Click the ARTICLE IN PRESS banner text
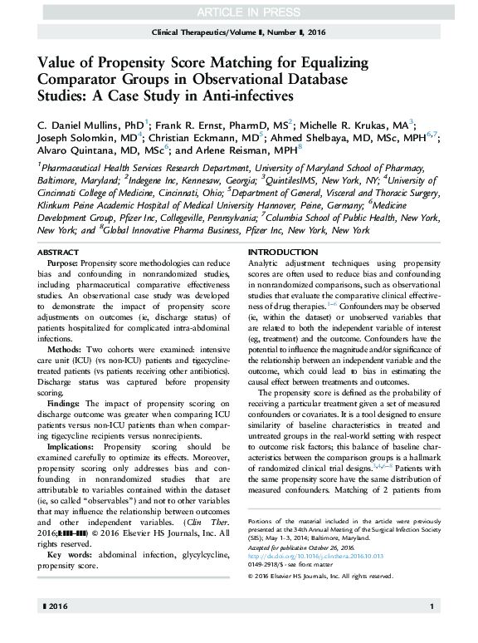[x=240, y=12]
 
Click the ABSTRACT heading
[x=61, y=252]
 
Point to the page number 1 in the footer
[x=432, y=631]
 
